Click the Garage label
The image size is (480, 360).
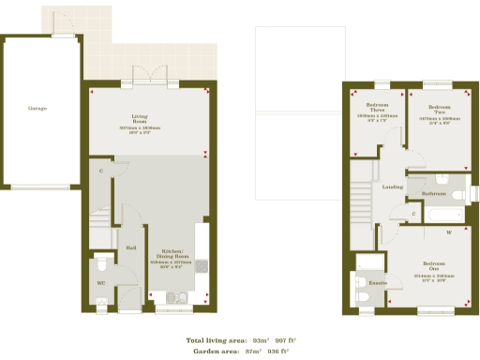[x=37, y=108]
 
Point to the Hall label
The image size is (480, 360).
[x=132, y=247]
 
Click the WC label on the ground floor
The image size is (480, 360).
[x=101, y=281]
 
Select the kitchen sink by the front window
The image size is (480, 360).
[x=176, y=299]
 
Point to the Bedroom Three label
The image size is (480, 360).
[x=378, y=107]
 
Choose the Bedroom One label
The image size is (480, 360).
[x=433, y=266]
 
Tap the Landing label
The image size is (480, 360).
[x=393, y=187]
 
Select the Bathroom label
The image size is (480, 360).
[x=433, y=193]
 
